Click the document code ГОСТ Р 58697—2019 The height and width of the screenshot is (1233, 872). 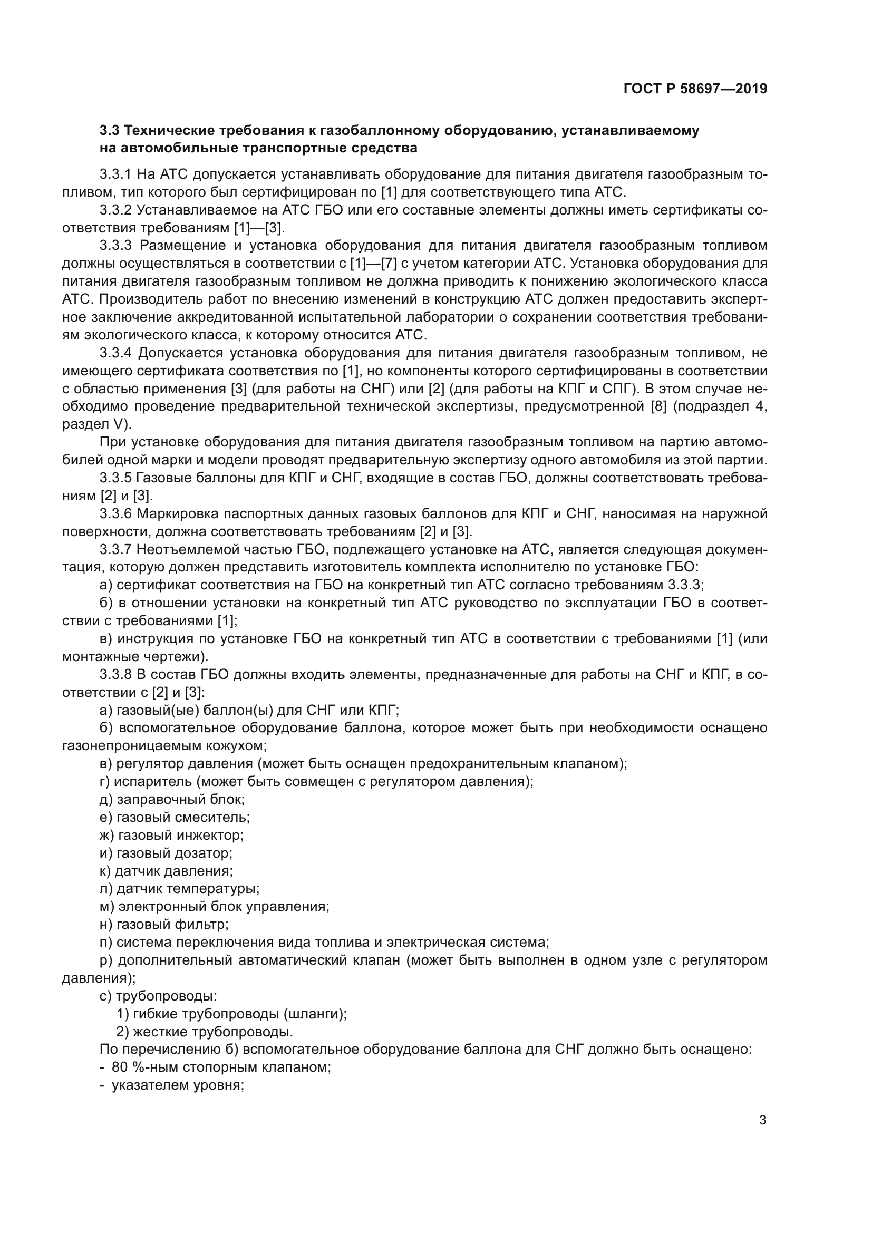click(695, 89)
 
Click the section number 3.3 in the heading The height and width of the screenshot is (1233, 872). click(110, 131)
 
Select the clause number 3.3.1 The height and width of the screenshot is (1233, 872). click(115, 174)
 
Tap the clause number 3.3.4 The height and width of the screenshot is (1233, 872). click(115, 353)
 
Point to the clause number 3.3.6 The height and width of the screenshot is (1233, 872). click(115, 514)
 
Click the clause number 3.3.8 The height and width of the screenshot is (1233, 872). click(115, 675)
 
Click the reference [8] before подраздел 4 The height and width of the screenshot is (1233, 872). click(658, 406)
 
